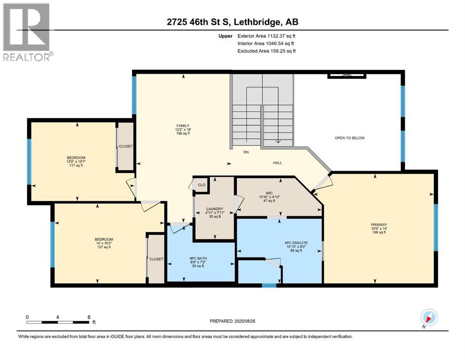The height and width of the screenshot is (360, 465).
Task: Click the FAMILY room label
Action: pyautogui.click(x=183, y=126)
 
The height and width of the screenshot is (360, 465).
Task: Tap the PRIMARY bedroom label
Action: pyautogui.click(x=379, y=225)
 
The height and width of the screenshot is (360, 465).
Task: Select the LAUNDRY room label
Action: pyautogui.click(x=215, y=209)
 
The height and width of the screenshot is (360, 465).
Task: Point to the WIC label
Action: pyautogui.click(x=269, y=193)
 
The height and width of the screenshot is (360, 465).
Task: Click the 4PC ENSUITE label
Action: pyautogui.click(x=296, y=243)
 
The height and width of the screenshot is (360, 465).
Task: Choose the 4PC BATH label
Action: pyautogui.click(x=198, y=258)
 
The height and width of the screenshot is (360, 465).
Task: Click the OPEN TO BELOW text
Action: pyautogui.click(x=350, y=138)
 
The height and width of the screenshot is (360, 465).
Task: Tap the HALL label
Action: pyautogui.click(x=277, y=163)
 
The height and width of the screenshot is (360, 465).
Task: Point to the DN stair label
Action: pyautogui.click(x=246, y=152)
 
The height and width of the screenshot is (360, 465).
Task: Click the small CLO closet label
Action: pyautogui.click(x=201, y=185)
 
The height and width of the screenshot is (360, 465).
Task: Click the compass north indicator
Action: pyautogui.click(x=429, y=318)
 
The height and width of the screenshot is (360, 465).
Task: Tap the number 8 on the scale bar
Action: pyautogui.click(x=89, y=317)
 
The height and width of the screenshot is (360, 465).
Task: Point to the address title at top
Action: pyautogui.click(x=232, y=22)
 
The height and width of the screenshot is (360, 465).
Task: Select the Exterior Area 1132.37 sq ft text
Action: pyautogui.click(x=266, y=36)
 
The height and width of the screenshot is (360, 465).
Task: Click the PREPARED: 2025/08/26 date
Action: pyautogui.click(x=232, y=321)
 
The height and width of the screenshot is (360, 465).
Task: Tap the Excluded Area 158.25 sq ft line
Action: pyautogui.click(x=266, y=51)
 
